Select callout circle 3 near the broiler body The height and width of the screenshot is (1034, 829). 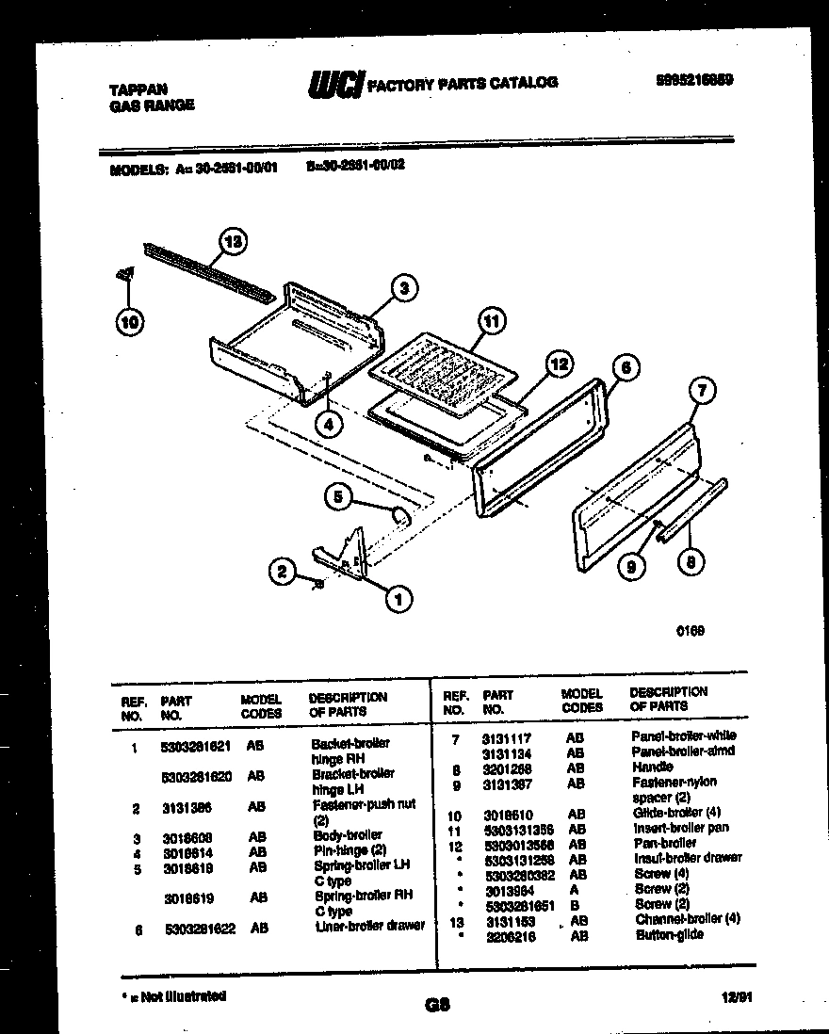tap(403, 289)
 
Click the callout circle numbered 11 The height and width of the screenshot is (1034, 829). tap(489, 320)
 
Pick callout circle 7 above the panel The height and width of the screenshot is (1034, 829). tap(702, 388)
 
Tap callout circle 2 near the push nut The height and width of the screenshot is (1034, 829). tap(280, 569)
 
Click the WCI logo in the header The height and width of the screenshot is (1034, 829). tap(335, 85)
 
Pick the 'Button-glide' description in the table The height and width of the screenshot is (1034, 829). tap(669, 934)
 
